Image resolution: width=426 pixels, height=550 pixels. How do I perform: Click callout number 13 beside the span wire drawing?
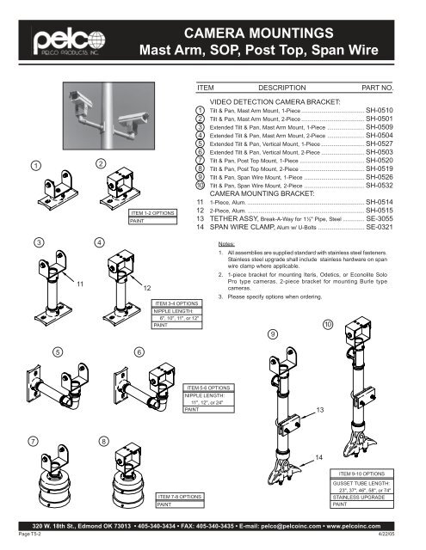click(x=321, y=410)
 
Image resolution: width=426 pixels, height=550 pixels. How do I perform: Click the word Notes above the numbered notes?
click(x=229, y=243)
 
